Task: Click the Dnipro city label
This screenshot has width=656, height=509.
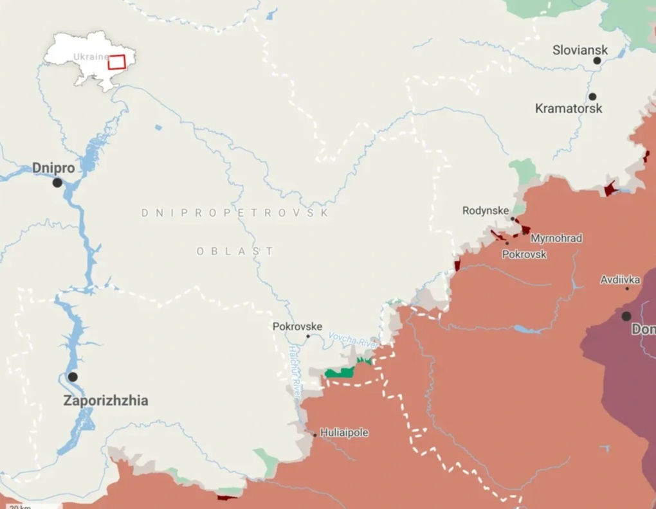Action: pos(53,168)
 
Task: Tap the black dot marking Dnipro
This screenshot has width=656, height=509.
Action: pos(57,183)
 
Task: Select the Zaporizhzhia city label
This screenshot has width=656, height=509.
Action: pos(105,401)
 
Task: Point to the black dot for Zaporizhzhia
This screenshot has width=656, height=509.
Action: pos(73,377)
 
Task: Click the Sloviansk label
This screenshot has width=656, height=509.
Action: pos(580,50)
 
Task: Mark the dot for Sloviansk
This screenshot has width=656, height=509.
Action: pos(597,60)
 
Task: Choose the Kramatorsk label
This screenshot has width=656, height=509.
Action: pos(569,109)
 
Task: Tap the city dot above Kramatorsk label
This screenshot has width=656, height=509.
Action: pos(592,96)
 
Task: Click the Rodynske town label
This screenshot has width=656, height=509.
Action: pos(486,211)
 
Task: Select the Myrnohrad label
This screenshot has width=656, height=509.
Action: pos(556,238)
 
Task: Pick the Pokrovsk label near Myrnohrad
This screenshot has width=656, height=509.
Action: pos(524,254)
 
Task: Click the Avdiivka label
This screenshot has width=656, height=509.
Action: pos(620,280)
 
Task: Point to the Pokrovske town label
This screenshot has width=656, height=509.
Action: pos(297,326)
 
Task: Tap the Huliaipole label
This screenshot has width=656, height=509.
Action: pos(344,433)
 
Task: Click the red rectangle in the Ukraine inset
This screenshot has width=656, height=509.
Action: pos(116,62)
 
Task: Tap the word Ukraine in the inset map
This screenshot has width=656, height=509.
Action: pos(90,57)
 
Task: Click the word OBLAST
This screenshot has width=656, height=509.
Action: pos(235,251)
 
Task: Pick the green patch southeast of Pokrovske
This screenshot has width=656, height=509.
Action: pos(339,373)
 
